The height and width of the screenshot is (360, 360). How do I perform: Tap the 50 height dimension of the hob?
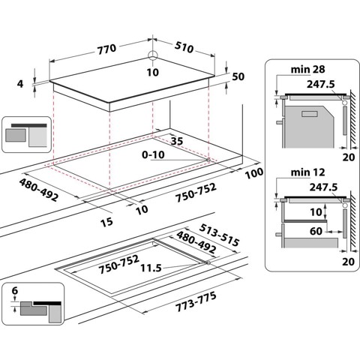238,77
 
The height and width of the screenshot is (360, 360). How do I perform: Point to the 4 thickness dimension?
21,84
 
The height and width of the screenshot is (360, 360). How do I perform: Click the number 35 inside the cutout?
177,140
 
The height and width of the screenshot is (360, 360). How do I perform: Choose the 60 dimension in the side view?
316,232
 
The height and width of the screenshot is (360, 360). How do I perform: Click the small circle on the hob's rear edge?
152,55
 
